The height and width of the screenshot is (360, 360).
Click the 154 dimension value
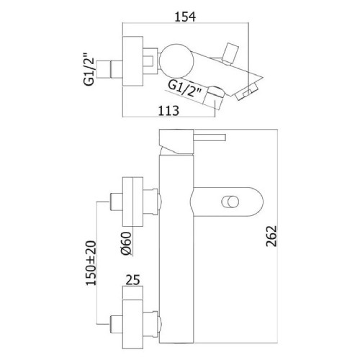click(x=185, y=17)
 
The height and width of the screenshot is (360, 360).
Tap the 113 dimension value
click(x=168, y=111)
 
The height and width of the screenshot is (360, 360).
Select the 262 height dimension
click(x=271, y=236)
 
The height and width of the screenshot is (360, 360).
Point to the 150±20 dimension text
click(x=91, y=263)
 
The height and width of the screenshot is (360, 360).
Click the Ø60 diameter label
click(x=126, y=243)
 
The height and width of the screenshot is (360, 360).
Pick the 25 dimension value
click(x=132, y=280)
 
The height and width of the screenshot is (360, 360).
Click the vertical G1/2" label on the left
click(x=89, y=69)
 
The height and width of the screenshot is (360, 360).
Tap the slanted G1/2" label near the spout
click(x=184, y=89)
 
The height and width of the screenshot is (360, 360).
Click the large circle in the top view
click(x=176, y=60)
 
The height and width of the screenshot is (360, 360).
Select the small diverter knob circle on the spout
click(x=230, y=201)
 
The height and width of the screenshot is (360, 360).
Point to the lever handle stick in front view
click(x=210, y=138)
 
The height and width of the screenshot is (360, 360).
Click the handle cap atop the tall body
click(x=176, y=142)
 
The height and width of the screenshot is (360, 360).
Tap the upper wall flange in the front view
click(x=132, y=202)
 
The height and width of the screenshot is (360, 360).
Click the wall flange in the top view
click(x=132, y=61)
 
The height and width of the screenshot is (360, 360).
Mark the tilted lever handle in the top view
click(x=230, y=54)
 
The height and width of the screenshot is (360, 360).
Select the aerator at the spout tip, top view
click(x=247, y=92)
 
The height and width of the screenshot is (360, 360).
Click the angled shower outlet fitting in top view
click(x=214, y=96)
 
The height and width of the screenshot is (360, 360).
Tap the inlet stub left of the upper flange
click(x=116, y=202)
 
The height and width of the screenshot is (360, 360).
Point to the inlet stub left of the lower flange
click(x=116, y=324)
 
